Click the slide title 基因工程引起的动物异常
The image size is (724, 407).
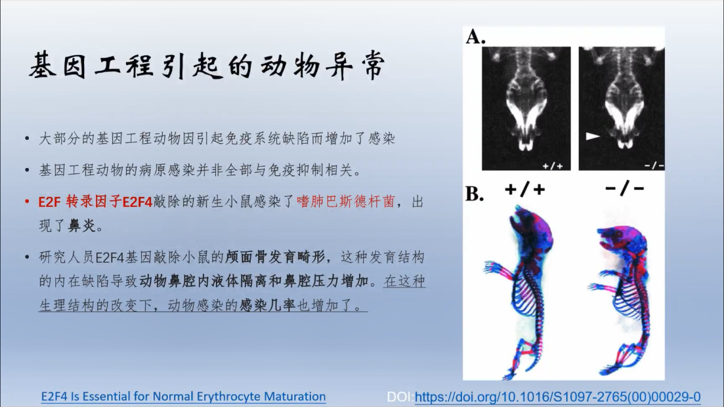point(207,66)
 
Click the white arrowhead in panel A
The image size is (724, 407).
point(593,136)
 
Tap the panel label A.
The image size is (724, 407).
point(475,37)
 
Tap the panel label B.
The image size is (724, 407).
point(475,194)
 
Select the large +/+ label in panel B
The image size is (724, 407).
point(525,190)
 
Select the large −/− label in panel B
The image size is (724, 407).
point(624,188)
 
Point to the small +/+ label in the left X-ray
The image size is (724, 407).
point(553,165)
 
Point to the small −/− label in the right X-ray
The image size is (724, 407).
point(654,165)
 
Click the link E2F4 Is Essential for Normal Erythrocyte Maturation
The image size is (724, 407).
point(183,396)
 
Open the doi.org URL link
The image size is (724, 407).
point(558,396)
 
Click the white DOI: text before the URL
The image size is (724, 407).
point(400,396)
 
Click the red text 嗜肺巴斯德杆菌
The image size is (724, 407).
point(346,202)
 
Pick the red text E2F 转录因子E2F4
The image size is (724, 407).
point(96,202)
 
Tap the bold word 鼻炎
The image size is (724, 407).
point(82,225)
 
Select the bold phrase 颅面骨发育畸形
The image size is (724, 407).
point(275,257)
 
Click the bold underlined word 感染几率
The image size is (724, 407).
point(267,305)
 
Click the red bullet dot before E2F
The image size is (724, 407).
point(28,202)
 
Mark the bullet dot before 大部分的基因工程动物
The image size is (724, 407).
point(28,139)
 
